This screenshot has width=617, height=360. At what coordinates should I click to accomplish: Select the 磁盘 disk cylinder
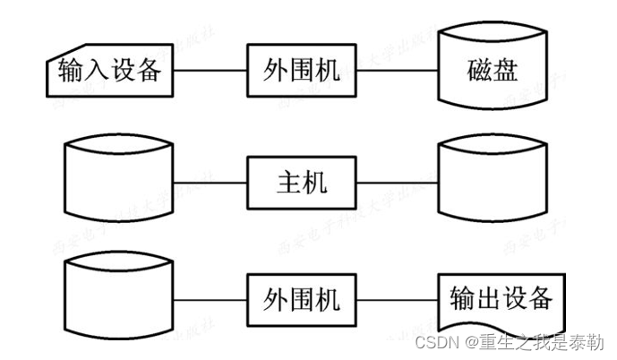[493, 70]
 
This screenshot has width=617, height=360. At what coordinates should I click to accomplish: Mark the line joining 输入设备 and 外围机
[209, 71]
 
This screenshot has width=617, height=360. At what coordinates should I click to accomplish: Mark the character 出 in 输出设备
[486, 298]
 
